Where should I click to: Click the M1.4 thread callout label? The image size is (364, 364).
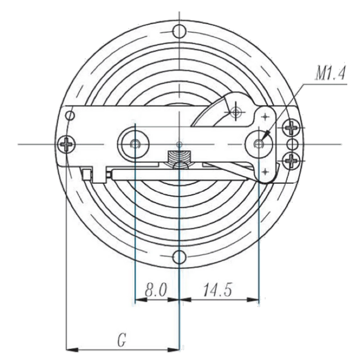click(329, 74)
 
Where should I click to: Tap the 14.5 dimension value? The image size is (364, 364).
click(217, 290)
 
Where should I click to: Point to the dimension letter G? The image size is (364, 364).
click(121, 340)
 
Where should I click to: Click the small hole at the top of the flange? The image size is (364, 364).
click(179, 31)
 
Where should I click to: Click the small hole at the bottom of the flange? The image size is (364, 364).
click(179, 257)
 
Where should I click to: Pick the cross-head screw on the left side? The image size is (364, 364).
click(66, 144)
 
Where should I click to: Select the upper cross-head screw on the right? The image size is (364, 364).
click(291, 128)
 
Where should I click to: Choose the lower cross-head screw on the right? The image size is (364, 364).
click(291, 161)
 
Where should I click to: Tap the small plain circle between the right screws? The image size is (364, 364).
click(292, 144)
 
